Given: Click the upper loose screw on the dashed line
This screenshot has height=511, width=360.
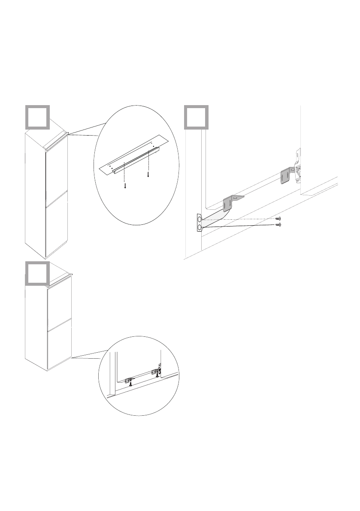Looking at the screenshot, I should click(x=278, y=218).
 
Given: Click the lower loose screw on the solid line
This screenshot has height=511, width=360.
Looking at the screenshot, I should click(x=278, y=224).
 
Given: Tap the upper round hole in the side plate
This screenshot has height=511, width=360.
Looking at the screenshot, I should click(x=200, y=220).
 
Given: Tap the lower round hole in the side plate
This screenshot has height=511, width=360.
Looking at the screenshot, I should click(x=200, y=227).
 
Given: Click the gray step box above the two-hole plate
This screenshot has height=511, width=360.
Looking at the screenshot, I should click(x=197, y=117).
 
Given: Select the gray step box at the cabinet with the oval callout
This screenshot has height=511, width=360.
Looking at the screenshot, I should click(x=37, y=117).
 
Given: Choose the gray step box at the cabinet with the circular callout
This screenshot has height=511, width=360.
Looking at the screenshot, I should click(x=37, y=273).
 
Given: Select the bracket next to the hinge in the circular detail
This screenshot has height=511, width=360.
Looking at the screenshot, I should click(x=154, y=372).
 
